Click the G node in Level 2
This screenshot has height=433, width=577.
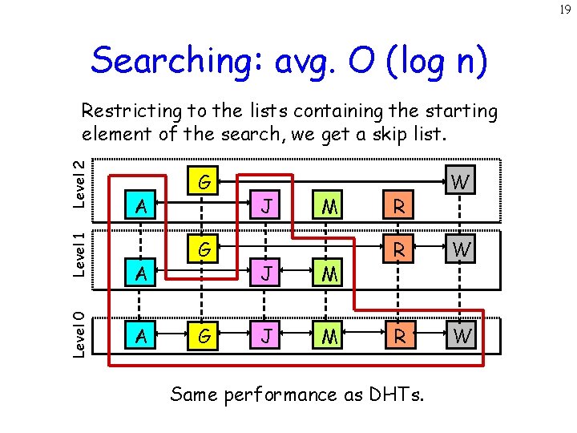tap(204, 182)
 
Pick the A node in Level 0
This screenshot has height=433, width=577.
tap(143, 334)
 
